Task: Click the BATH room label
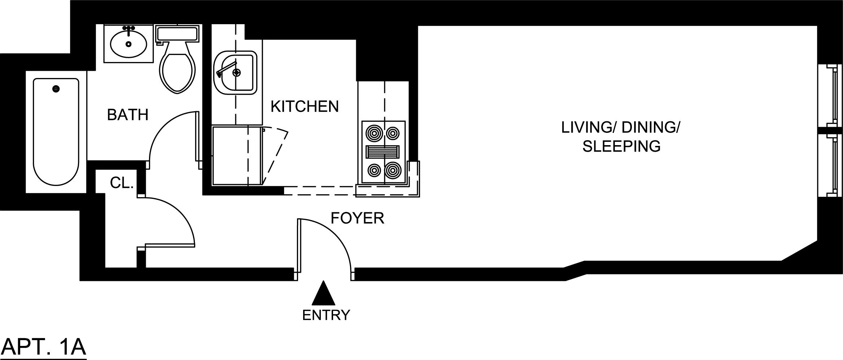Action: [128, 115]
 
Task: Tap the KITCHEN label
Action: [305, 107]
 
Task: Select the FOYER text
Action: [357, 218]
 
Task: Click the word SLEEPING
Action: [621, 147]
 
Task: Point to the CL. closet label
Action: [122, 183]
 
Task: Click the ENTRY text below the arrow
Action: [326, 315]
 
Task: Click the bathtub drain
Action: [56, 88]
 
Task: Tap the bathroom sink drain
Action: [128, 44]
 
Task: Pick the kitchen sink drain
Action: [236, 73]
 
